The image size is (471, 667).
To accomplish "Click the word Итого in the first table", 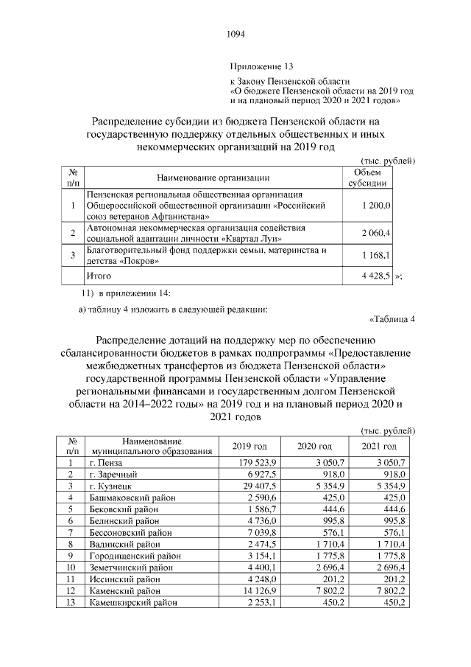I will point(99,276).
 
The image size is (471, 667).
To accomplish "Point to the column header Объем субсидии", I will point(372,178).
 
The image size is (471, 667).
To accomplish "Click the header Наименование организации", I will point(213,178).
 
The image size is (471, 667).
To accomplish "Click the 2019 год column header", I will point(249,447).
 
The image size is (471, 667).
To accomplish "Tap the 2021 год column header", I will point(379,447).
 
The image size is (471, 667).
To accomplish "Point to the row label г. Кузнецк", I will point(110,486).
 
